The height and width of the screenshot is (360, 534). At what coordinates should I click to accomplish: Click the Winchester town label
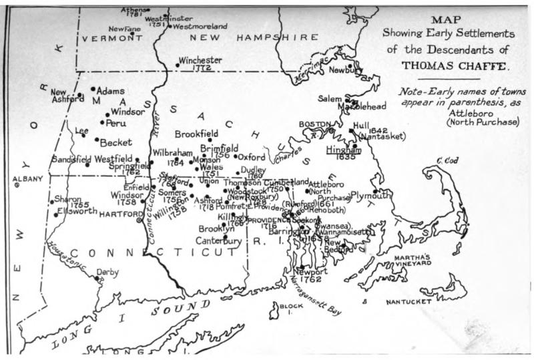click(x=200, y=60)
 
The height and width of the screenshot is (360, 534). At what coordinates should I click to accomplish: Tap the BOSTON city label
click(x=314, y=125)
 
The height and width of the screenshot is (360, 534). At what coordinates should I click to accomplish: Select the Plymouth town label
click(x=369, y=196)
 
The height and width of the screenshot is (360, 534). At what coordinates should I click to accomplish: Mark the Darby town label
click(x=107, y=272)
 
